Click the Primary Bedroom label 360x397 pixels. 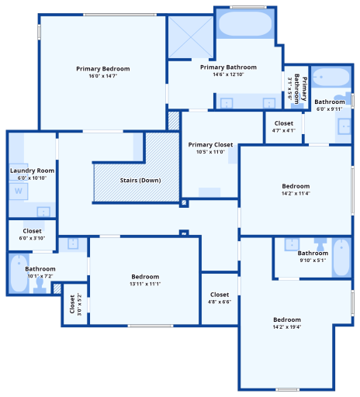(x=103, y=69)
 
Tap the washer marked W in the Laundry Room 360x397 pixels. (x=19, y=192)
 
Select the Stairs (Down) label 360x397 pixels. (x=140, y=180)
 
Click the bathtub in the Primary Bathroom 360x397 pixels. (x=245, y=23)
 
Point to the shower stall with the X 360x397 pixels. (x=191, y=37)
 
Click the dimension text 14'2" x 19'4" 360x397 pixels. (x=287, y=327)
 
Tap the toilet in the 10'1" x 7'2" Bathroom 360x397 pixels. (x=40, y=285)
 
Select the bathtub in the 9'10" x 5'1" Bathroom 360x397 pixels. (x=341, y=257)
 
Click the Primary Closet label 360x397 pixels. (x=210, y=145)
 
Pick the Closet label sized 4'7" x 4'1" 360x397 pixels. (x=284, y=123)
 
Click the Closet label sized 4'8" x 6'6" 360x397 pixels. (x=220, y=295)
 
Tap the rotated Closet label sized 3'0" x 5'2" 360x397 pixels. (x=72, y=304)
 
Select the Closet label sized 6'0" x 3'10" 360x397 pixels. (x=32, y=231)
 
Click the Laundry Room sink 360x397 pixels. (x=43, y=212)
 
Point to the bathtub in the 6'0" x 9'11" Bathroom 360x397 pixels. (x=331, y=77)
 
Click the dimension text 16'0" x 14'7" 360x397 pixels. (x=103, y=76)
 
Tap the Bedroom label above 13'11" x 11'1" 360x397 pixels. (x=145, y=277)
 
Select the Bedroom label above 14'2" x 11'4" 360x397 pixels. (x=296, y=186)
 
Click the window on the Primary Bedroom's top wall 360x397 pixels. (x=119, y=15)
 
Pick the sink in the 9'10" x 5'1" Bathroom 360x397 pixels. (x=292, y=244)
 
